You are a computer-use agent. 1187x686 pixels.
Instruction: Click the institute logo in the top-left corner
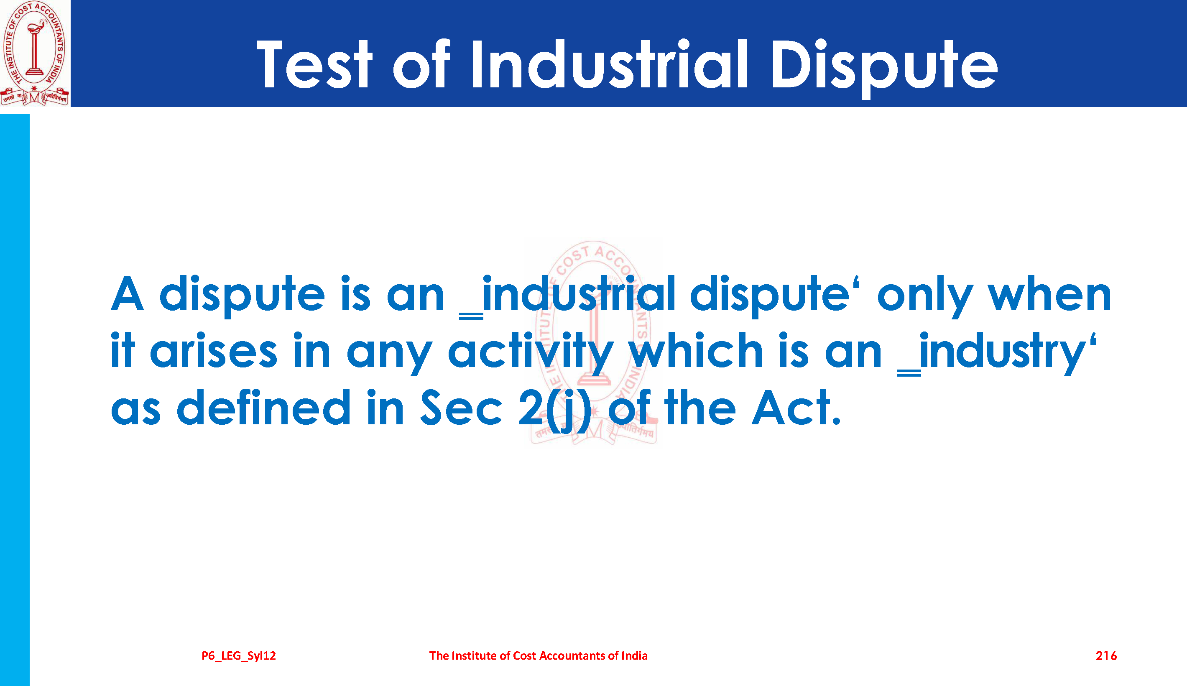35,53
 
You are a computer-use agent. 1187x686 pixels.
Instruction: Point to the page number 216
1106,655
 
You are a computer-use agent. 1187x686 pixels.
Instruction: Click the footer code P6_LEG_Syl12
239,656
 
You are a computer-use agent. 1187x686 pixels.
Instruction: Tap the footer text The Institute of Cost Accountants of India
539,655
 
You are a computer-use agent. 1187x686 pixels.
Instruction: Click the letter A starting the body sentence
127,294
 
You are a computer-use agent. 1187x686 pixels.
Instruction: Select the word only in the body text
924,297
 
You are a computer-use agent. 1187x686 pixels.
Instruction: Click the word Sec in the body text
462,407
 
